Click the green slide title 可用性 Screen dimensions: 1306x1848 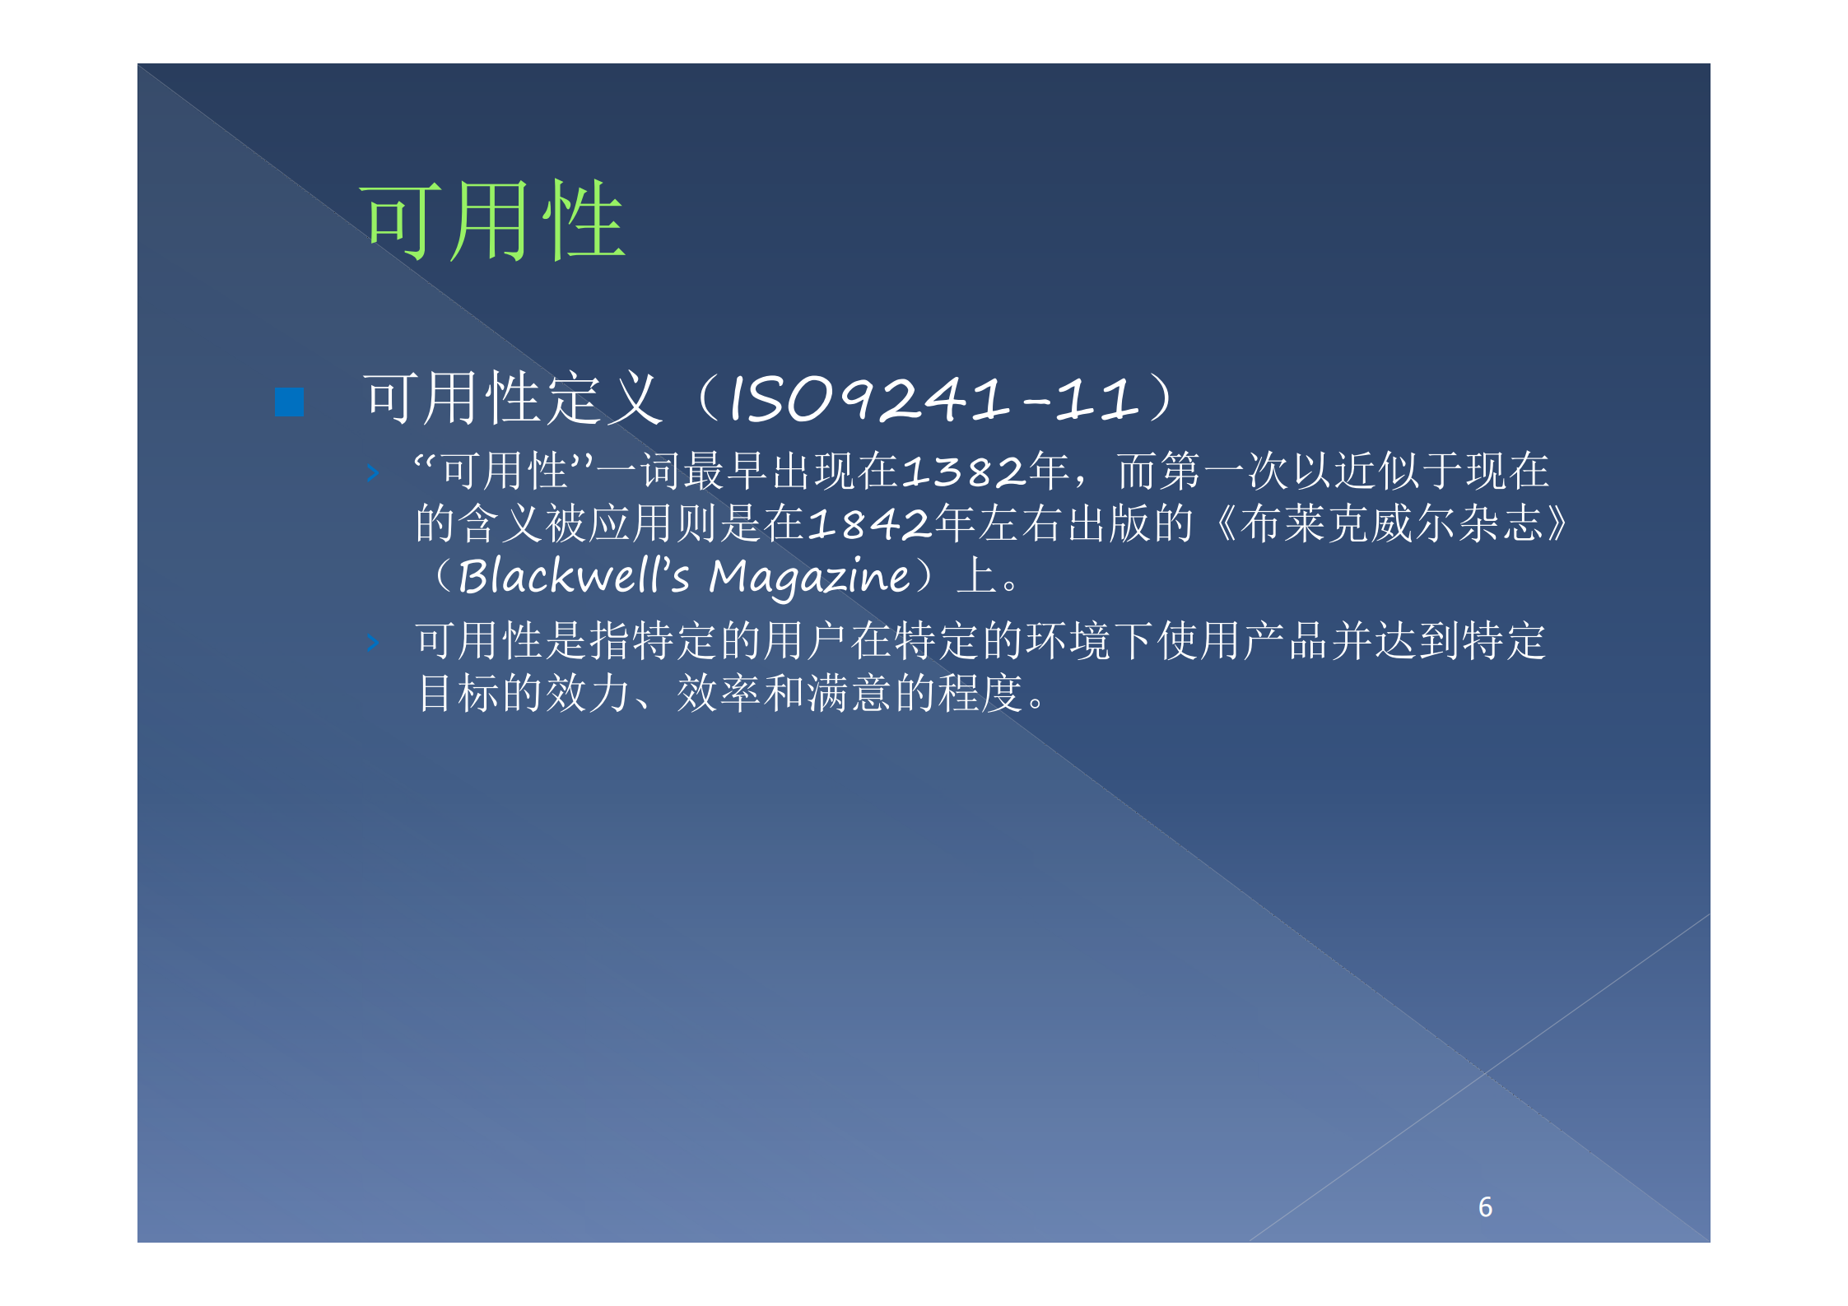[494, 221]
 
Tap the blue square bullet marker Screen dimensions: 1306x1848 [289, 402]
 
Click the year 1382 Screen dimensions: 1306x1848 [964, 472]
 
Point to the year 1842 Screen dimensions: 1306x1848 [870, 524]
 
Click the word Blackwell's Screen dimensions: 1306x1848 [573, 576]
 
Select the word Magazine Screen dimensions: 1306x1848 [810, 577]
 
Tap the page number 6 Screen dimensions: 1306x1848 [1485, 1206]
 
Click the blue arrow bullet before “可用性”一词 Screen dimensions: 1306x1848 [373, 472]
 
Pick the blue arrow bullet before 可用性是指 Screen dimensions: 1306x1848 [373, 643]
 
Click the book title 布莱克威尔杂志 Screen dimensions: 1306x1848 [1390, 524]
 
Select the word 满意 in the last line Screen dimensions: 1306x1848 [850, 694]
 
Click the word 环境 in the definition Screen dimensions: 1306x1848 [1068, 642]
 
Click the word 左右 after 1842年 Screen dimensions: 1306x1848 [1000, 524]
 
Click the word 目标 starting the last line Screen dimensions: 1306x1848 [458, 694]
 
